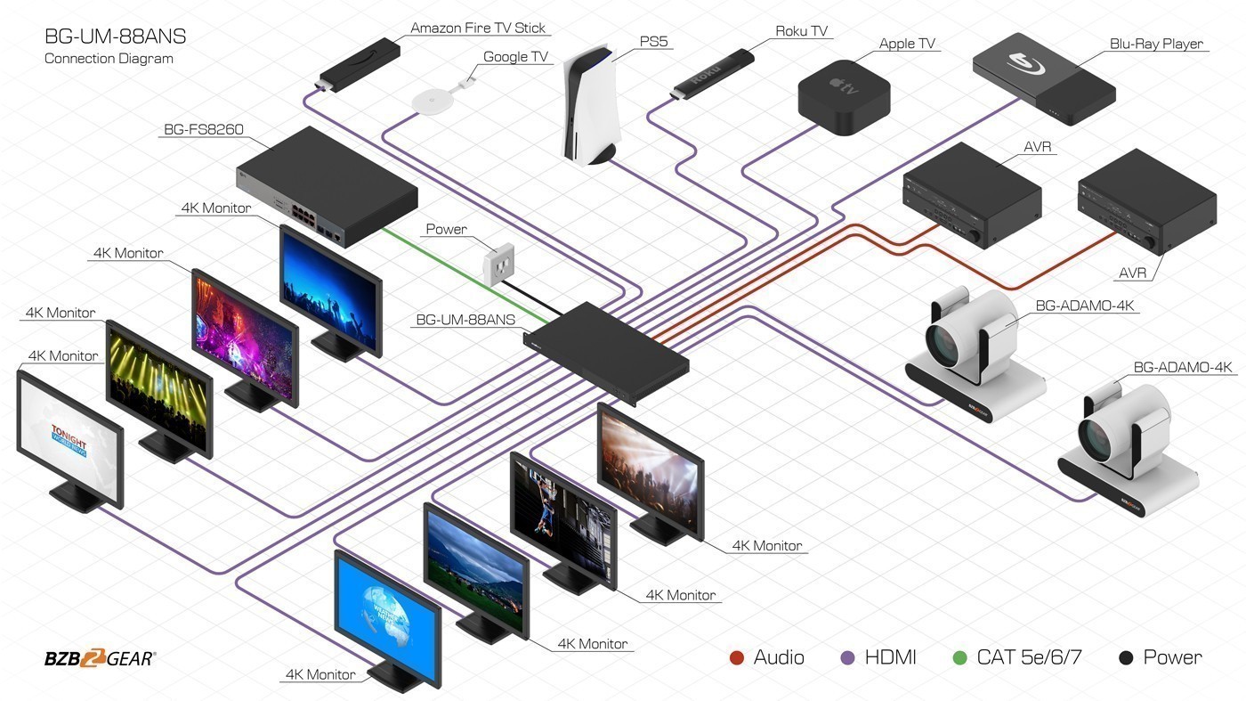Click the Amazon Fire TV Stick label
point(478,28)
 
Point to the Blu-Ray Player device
point(1043,80)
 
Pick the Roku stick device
point(713,74)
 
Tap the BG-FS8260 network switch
point(328,187)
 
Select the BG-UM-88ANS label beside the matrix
point(465,320)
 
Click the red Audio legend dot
point(736,658)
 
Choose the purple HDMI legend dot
point(847,658)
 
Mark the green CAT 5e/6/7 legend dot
point(959,658)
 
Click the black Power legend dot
point(1126,658)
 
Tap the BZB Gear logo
point(100,659)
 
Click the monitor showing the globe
point(388,615)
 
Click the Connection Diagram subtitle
point(109,59)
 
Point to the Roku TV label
point(801,31)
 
